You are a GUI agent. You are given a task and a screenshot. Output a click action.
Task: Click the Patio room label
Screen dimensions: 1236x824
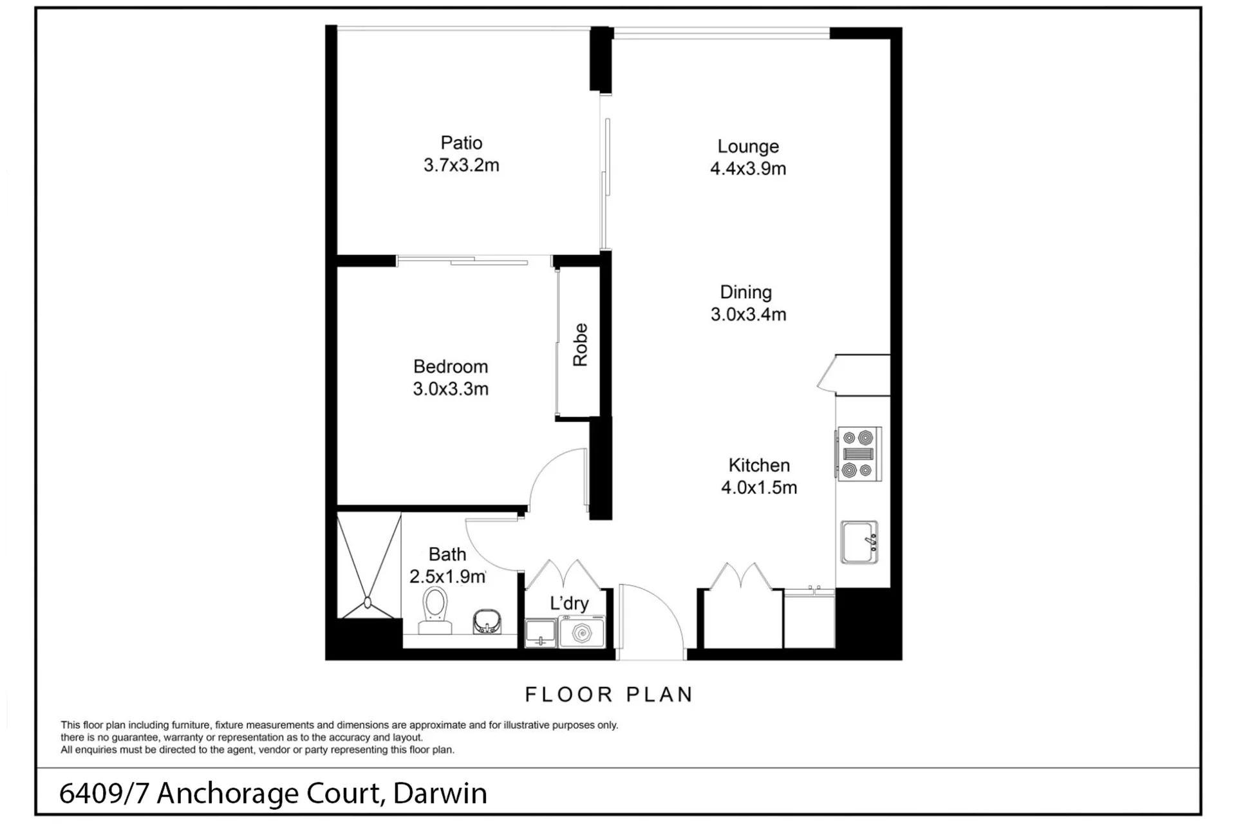click(x=461, y=143)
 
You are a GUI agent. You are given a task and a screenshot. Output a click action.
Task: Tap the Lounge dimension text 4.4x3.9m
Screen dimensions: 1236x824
click(x=748, y=169)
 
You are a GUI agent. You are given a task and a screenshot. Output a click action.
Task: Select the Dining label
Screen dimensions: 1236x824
click(x=745, y=293)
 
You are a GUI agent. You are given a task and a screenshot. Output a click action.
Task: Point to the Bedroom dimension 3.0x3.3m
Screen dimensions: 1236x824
click(x=451, y=389)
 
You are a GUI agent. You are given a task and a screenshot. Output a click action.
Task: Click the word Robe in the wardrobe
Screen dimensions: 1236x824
click(x=580, y=345)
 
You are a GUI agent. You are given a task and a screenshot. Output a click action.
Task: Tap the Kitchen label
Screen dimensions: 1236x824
click(x=759, y=465)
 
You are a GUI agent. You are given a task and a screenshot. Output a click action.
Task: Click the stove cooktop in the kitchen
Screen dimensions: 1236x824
click(x=859, y=454)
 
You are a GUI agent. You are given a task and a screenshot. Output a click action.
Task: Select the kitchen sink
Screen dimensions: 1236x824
click(x=859, y=542)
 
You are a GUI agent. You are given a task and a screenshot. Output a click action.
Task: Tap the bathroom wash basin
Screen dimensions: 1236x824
click(x=487, y=622)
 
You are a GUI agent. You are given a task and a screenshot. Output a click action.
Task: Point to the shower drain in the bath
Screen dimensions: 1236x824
click(x=368, y=603)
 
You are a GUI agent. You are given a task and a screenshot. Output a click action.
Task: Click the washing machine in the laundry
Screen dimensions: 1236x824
click(x=582, y=632)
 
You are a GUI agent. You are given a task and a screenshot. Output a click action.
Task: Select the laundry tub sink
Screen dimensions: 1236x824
click(x=541, y=633)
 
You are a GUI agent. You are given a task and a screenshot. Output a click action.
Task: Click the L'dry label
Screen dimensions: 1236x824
click(x=569, y=603)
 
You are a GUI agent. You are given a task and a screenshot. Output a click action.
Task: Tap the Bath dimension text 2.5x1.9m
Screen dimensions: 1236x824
click(x=447, y=577)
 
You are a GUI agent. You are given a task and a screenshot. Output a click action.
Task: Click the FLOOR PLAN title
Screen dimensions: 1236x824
click(x=608, y=695)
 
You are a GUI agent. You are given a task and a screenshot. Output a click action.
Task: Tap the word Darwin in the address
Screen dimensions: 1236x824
click(x=440, y=793)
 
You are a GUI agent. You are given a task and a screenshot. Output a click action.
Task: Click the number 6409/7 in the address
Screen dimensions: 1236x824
click(x=104, y=793)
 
